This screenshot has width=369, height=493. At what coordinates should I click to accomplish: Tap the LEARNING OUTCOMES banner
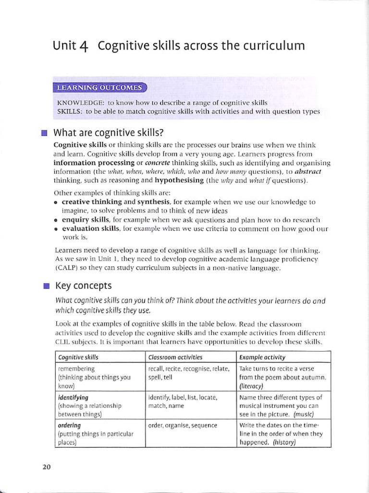[100, 88]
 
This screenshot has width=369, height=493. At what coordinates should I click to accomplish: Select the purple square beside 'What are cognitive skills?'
[45, 133]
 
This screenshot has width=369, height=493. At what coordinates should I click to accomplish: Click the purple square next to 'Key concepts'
[46, 286]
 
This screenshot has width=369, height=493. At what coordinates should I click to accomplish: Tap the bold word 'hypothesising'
[179, 181]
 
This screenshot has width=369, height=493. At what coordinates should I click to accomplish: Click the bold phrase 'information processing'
[87, 163]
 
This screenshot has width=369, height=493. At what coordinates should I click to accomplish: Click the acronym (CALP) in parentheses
[68, 268]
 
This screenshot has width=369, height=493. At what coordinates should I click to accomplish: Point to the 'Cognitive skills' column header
[78, 357]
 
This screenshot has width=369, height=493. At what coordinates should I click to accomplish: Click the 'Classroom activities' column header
[175, 357]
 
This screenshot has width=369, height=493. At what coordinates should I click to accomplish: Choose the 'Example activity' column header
[262, 357]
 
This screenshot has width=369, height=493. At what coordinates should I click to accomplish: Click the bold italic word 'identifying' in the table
[73, 398]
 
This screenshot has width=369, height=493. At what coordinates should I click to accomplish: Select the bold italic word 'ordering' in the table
[69, 426]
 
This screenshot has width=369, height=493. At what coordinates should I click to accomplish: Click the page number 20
[47, 467]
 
